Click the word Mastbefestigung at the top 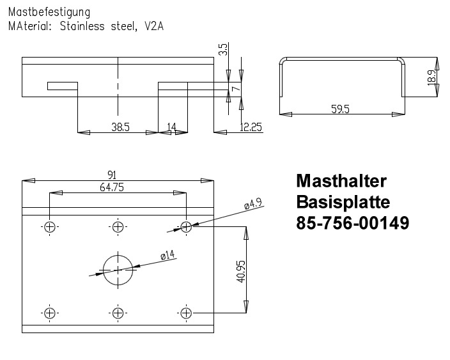point(49,12)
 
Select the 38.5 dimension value point(120,127)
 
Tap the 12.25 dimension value point(251,127)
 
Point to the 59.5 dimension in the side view point(341,109)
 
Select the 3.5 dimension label point(222,49)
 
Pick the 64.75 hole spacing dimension point(112,187)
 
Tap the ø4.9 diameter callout point(253,205)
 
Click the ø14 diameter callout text point(168,256)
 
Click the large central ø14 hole point(118,269)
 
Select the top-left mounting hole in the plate point(50,226)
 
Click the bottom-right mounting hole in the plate point(186,313)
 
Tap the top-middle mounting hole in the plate point(118,226)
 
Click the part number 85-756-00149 point(352,224)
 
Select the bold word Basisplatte point(343,202)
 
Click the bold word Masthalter point(341,180)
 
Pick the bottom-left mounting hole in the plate point(50,313)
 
